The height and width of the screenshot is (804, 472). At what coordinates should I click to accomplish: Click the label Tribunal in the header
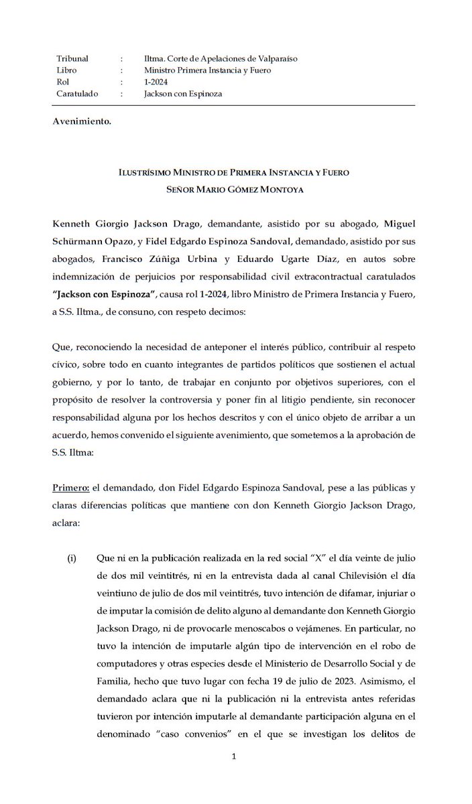click(73, 59)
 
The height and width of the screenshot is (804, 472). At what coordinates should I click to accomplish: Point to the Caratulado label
click(77, 94)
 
